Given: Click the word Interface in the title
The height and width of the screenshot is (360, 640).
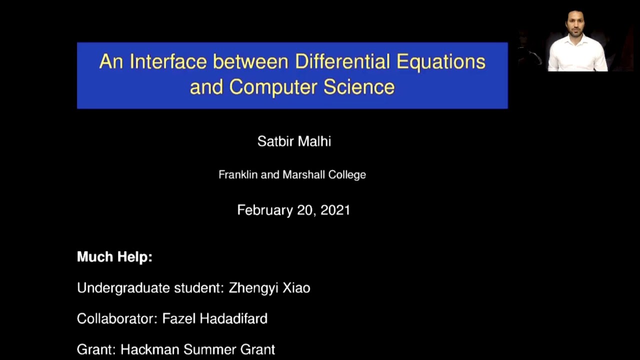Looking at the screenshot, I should point(168,62).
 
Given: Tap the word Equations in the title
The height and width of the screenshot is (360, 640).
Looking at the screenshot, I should point(440,62).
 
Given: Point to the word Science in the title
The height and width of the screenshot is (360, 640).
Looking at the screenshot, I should point(359,87).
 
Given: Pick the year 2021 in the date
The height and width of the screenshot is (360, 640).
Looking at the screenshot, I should point(335,210).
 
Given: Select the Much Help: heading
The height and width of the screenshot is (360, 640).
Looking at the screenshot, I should point(114,257).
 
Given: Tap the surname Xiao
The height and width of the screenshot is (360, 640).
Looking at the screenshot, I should point(295,288).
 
